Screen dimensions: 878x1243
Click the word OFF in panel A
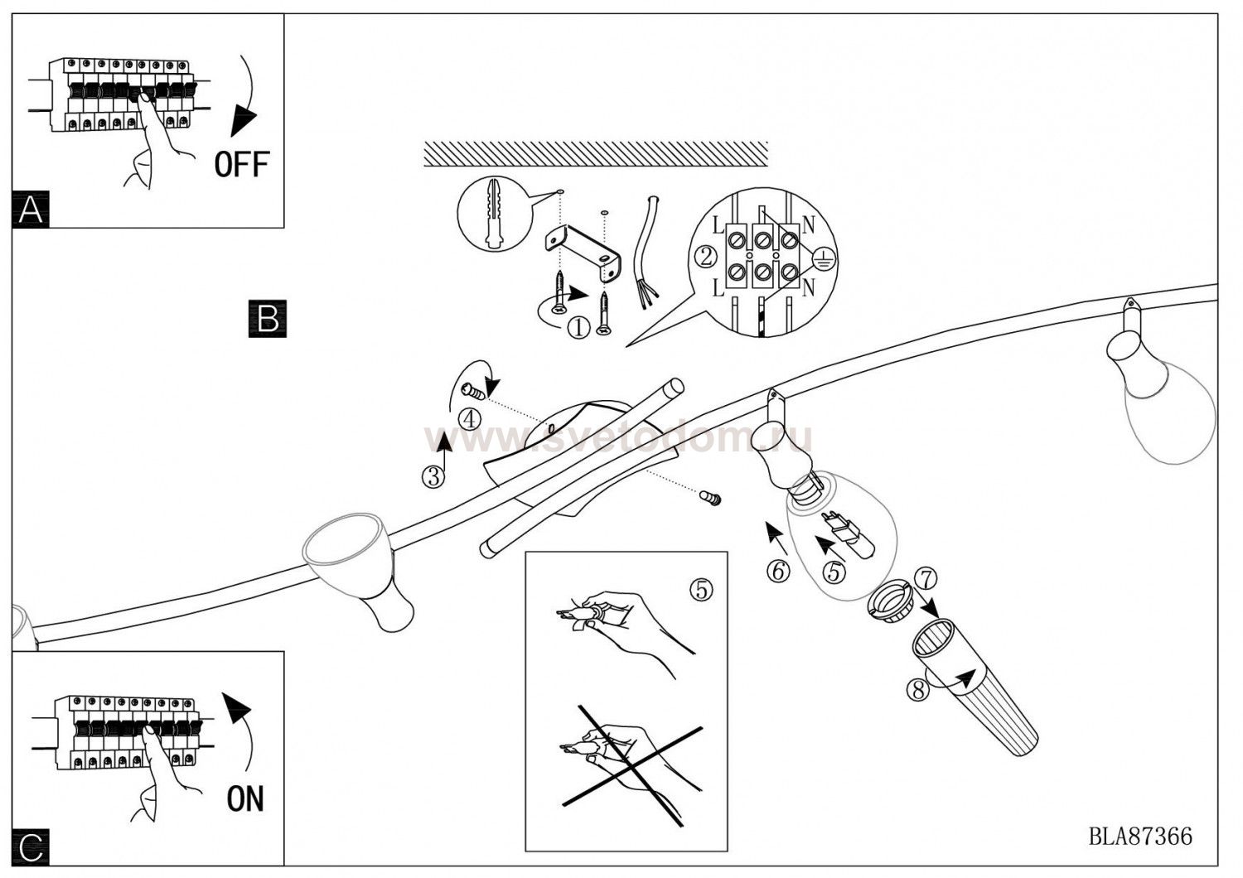[x=241, y=164]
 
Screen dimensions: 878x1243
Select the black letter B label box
[x=267, y=318]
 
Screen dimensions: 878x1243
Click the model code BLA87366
[x=1140, y=837]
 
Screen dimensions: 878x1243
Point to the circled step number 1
[x=578, y=327]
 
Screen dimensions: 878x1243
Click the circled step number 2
[x=705, y=256]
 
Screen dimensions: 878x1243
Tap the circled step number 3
[x=433, y=476]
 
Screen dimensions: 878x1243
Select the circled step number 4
[x=469, y=419]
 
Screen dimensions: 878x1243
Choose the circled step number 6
[x=777, y=571]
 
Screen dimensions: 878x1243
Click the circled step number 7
[x=926, y=578]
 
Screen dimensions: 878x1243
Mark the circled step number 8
[x=917, y=688]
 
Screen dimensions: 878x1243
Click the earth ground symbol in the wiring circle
[x=824, y=258]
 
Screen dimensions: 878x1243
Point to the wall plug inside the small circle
[x=495, y=215]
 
